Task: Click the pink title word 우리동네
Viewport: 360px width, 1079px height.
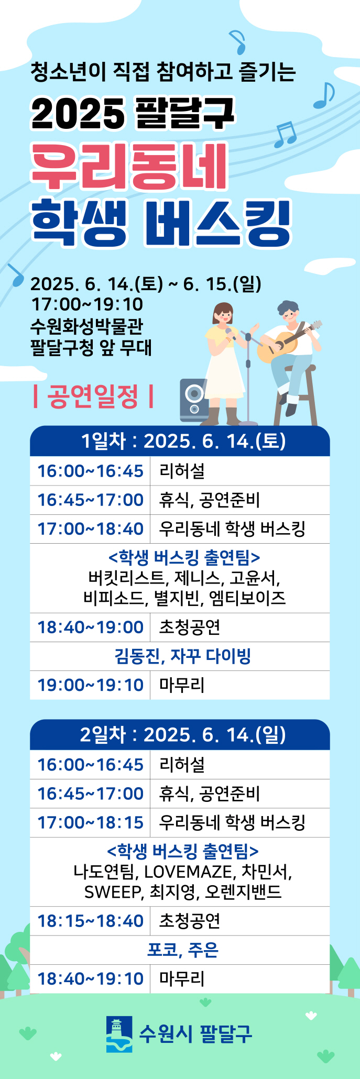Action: (129, 166)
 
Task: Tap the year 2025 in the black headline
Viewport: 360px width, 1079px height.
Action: (78, 113)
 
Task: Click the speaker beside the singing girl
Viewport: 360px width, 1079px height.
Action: (194, 400)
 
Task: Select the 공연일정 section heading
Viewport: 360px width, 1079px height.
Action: (93, 396)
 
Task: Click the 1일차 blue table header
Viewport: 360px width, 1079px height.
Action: (180, 441)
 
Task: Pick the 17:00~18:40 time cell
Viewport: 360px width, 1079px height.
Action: (90, 529)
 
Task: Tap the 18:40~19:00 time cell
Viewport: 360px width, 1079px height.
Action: (90, 627)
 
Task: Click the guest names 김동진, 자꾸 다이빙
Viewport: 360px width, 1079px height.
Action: (182, 656)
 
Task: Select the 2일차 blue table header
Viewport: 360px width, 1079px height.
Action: (180, 734)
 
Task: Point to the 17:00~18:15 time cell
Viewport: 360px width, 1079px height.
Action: (90, 822)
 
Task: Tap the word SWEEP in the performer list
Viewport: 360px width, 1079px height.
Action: (112, 891)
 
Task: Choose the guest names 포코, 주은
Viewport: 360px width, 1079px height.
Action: (182, 950)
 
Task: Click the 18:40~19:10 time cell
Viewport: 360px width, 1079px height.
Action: (90, 978)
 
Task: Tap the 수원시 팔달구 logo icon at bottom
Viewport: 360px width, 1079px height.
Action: (119, 1034)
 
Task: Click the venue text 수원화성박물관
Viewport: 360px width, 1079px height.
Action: (86, 326)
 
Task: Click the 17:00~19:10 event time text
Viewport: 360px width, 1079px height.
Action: (87, 304)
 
